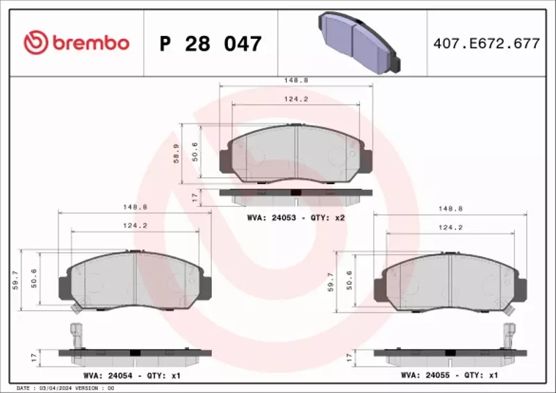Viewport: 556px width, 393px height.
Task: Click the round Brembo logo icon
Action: point(35,43)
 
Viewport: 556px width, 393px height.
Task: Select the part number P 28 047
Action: point(211,44)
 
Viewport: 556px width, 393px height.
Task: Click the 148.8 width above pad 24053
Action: point(295,80)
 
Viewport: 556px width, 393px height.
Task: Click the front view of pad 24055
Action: point(450,281)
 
